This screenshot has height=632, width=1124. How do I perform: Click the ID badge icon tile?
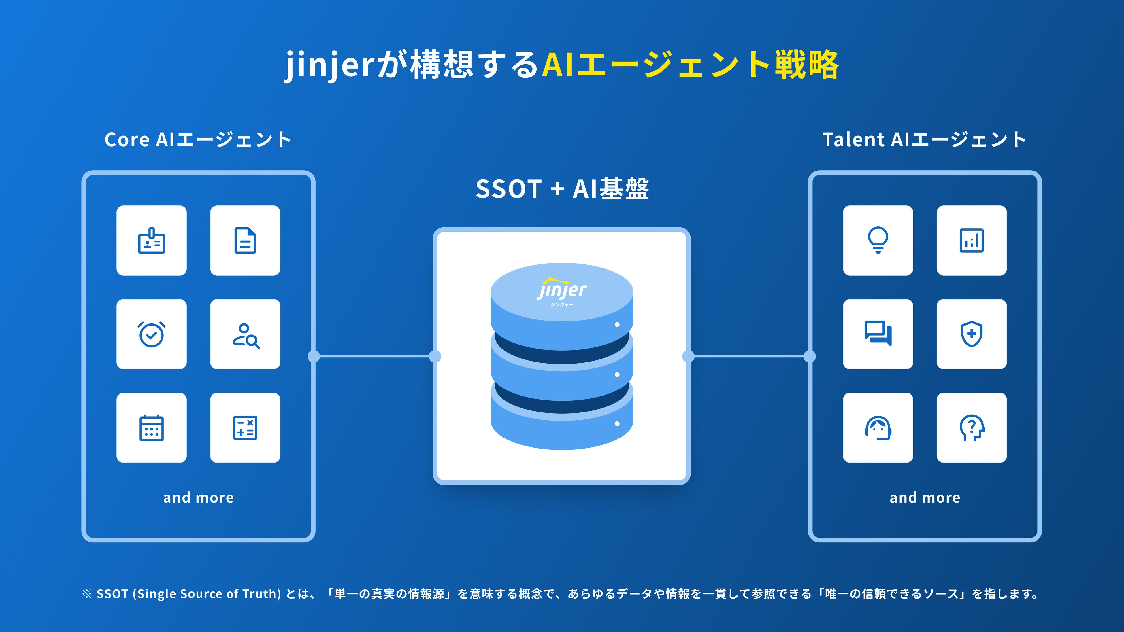[151, 240]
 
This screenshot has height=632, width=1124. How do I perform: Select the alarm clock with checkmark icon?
[151, 334]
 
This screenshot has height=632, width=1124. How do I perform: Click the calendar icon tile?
[151, 428]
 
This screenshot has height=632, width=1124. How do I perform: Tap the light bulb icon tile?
[878, 240]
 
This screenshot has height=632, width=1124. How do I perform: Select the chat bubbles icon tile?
[878, 334]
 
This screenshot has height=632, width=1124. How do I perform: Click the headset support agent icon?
[878, 428]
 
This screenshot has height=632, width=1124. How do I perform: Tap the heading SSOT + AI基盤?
[562, 189]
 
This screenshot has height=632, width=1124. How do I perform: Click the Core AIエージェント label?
[198, 140]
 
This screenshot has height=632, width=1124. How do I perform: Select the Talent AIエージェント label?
[925, 140]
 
